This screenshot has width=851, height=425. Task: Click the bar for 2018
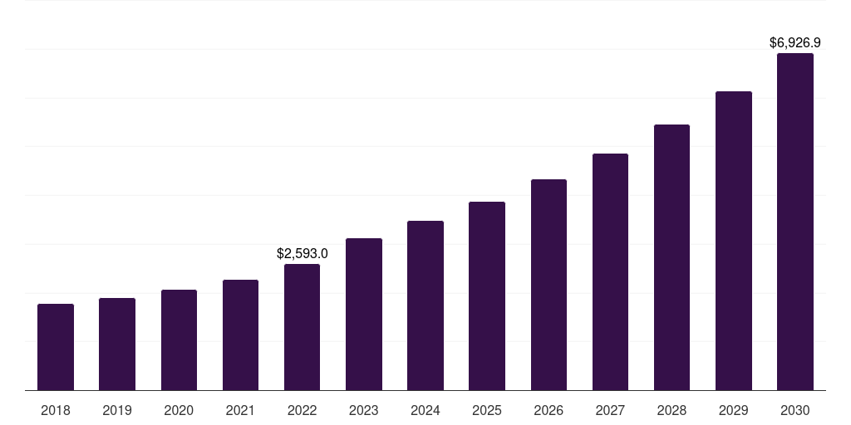click(x=56, y=347)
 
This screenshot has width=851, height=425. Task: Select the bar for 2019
click(x=117, y=344)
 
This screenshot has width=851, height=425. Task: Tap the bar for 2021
click(x=240, y=335)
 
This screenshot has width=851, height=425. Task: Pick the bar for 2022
click(x=302, y=327)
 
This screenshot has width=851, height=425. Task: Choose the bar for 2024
click(x=425, y=305)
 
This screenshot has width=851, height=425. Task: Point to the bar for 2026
click(x=548, y=285)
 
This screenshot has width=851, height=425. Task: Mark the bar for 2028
click(x=671, y=257)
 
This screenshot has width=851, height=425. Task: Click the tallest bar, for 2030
click(x=795, y=222)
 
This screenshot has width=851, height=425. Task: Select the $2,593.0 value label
click(x=302, y=253)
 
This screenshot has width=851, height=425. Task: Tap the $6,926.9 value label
click(x=795, y=42)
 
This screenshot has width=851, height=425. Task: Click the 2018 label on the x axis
click(x=56, y=410)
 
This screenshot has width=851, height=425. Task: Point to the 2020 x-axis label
click(x=179, y=410)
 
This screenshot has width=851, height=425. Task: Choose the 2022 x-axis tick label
click(x=302, y=410)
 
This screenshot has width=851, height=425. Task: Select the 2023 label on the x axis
click(x=364, y=410)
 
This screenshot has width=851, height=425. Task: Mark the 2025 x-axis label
click(x=487, y=410)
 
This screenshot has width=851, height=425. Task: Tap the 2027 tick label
click(x=610, y=410)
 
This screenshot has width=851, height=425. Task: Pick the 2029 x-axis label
click(x=733, y=410)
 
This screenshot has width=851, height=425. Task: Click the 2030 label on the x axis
click(x=795, y=410)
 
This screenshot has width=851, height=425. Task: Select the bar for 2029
click(x=733, y=241)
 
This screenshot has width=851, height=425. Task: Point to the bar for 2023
click(x=364, y=314)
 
